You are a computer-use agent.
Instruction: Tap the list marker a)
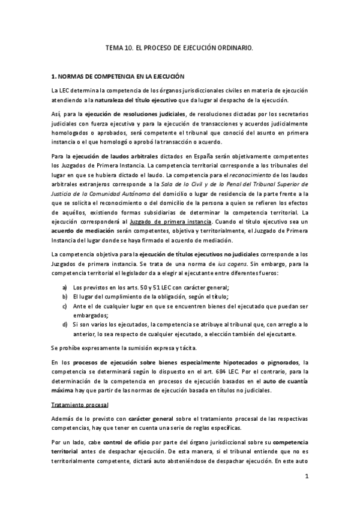coord(64,288)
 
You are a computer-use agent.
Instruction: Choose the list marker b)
coord(64,297)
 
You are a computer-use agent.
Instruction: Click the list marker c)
coord(64,306)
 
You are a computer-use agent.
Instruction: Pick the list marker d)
coord(64,325)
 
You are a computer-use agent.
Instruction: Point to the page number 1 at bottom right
coord(306,477)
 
